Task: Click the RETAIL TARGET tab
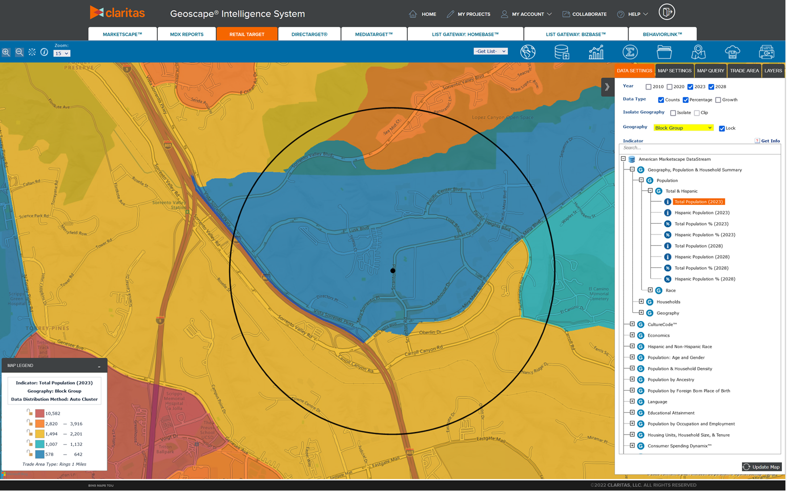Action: point(247,34)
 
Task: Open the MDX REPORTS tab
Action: point(187,34)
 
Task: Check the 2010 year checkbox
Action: point(649,87)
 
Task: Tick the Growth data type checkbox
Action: point(718,100)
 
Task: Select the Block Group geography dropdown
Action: point(683,128)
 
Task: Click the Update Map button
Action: point(761,466)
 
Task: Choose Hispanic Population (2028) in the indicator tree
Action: point(701,257)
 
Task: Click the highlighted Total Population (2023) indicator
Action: point(698,202)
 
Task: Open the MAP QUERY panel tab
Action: point(710,71)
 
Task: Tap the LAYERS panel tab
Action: point(773,71)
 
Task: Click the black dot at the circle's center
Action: point(393,271)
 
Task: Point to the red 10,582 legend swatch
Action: point(39,413)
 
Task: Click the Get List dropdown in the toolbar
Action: point(490,51)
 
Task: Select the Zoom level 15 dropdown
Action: point(61,53)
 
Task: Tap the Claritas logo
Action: point(117,13)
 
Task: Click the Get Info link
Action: point(770,141)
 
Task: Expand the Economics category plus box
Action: point(632,335)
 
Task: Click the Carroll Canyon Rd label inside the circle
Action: point(423,352)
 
